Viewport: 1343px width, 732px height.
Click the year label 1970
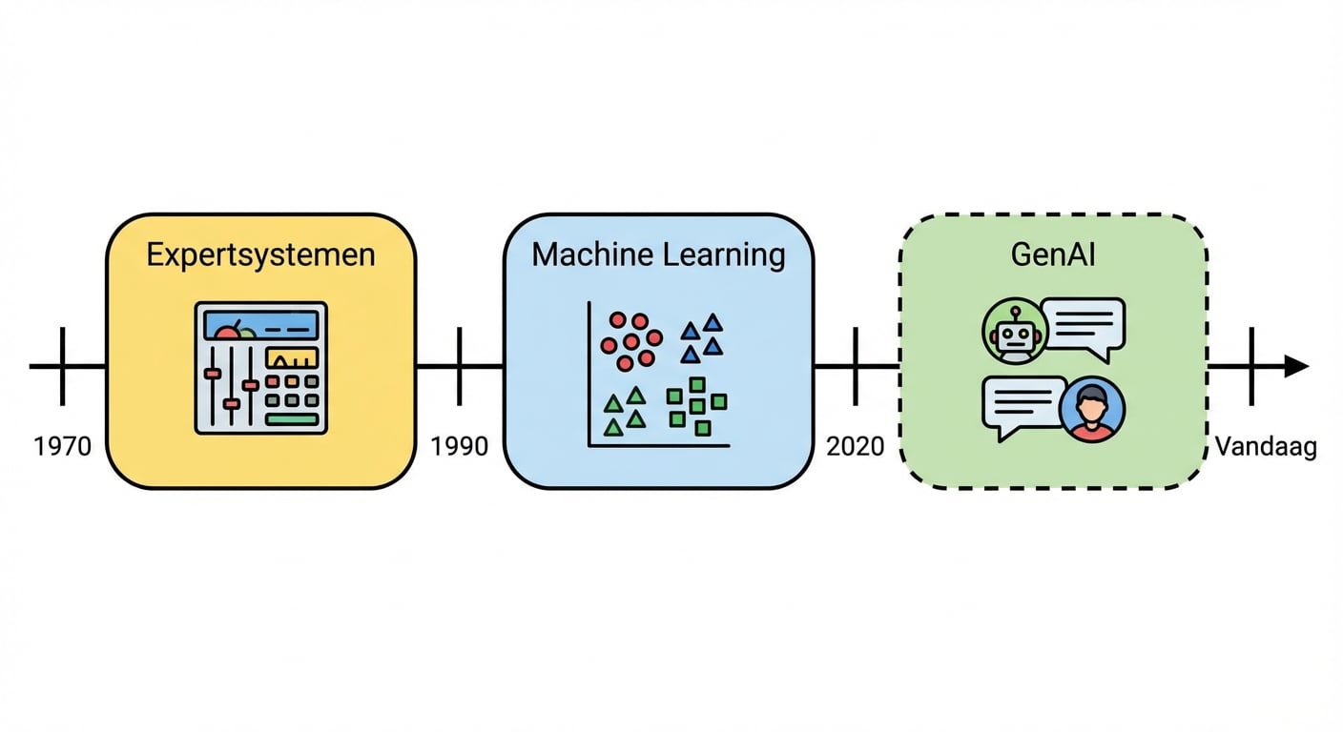click(x=62, y=446)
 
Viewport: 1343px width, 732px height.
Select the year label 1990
click(x=459, y=446)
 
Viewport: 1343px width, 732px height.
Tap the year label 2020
click(x=855, y=446)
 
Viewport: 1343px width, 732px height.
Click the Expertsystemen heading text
click(x=260, y=255)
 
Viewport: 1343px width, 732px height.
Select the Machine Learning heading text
click(x=658, y=255)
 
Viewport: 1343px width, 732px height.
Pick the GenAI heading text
click(x=1054, y=255)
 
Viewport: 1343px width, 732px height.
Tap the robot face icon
click(x=1015, y=333)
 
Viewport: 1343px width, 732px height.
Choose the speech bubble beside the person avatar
click(x=1023, y=406)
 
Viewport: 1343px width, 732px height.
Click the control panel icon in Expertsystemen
click(x=260, y=368)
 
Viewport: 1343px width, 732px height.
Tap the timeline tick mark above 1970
click(x=63, y=366)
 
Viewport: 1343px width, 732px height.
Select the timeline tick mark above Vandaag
click(x=1250, y=366)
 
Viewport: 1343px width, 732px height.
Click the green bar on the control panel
click(x=292, y=418)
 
